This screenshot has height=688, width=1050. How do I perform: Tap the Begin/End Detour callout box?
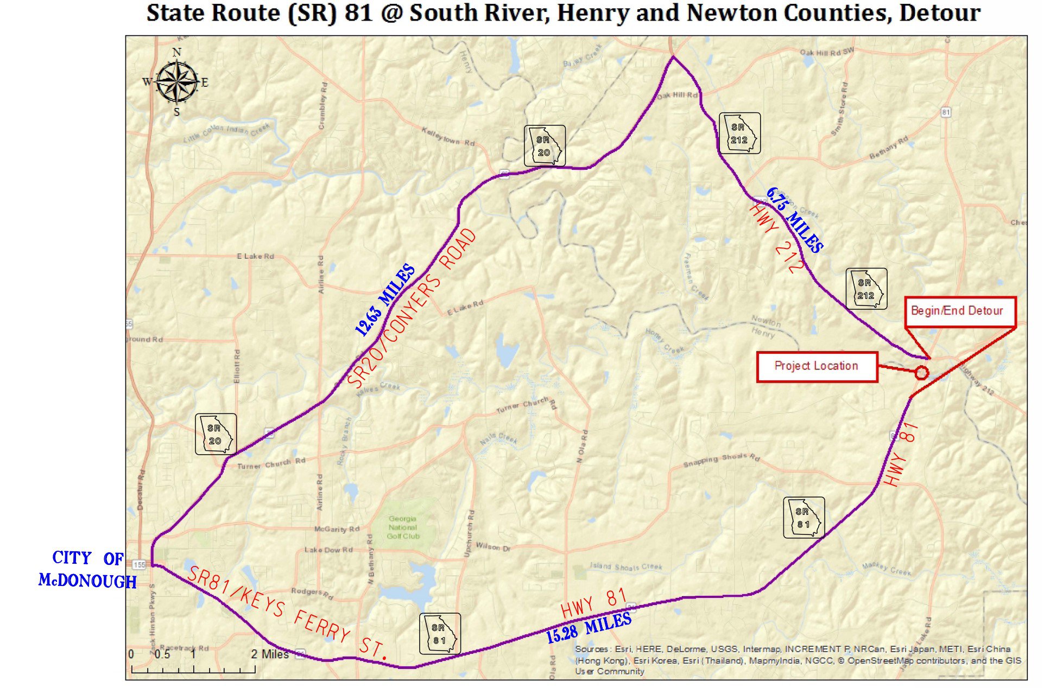(959, 311)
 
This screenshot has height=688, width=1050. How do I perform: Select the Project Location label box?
(817, 367)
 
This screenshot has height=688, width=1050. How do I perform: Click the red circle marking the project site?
(921, 373)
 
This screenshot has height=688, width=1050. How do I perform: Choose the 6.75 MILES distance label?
(794, 220)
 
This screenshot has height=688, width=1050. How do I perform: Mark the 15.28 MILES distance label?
(589, 628)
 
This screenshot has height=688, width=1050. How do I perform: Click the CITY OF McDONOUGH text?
(87, 570)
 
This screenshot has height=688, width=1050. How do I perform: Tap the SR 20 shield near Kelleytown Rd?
(544, 146)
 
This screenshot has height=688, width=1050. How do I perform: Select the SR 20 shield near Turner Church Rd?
(216, 434)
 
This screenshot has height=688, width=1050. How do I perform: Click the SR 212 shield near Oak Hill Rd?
(739, 133)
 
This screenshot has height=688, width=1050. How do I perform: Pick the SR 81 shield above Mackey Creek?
(803, 518)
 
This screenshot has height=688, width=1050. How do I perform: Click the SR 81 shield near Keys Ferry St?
(439, 634)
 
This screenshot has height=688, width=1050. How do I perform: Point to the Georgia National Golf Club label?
(403, 527)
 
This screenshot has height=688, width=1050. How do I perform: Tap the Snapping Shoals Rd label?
(721, 460)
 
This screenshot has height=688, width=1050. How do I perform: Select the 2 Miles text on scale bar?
(270, 654)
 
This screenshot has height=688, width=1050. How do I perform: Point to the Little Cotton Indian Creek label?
(227, 132)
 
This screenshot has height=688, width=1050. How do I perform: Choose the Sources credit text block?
(798, 660)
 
